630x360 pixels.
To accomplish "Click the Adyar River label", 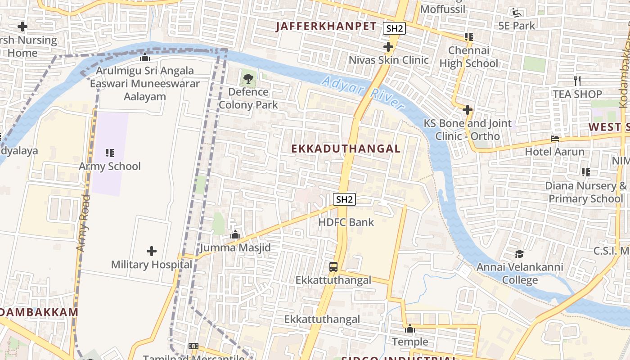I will [x=363, y=93].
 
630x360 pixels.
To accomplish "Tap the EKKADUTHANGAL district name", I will [x=346, y=149].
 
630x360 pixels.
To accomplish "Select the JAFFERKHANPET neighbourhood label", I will [x=326, y=26].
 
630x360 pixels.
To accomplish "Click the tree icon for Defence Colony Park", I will [x=247, y=79].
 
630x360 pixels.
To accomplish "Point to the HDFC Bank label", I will [x=346, y=222].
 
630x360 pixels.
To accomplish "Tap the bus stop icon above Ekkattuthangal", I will [x=333, y=266].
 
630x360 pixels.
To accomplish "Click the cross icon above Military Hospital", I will [x=152, y=251].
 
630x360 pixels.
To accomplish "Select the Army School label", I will [x=110, y=166].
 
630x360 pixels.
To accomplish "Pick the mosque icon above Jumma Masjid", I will [x=235, y=234].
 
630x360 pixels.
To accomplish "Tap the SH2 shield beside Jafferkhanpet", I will [x=395, y=29].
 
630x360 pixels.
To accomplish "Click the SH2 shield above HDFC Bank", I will [x=345, y=199].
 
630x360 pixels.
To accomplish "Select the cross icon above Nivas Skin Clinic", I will [x=388, y=46].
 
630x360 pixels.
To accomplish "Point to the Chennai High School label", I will [x=469, y=57].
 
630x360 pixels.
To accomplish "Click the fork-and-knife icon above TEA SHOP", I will [x=577, y=81].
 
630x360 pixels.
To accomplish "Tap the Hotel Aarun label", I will [x=555, y=151].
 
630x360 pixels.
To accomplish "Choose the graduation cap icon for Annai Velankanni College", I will [x=520, y=254].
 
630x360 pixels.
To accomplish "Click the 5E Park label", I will [x=517, y=26].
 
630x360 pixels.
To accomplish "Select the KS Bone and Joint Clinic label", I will [x=468, y=130].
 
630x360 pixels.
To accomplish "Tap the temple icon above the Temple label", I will [x=409, y=328].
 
